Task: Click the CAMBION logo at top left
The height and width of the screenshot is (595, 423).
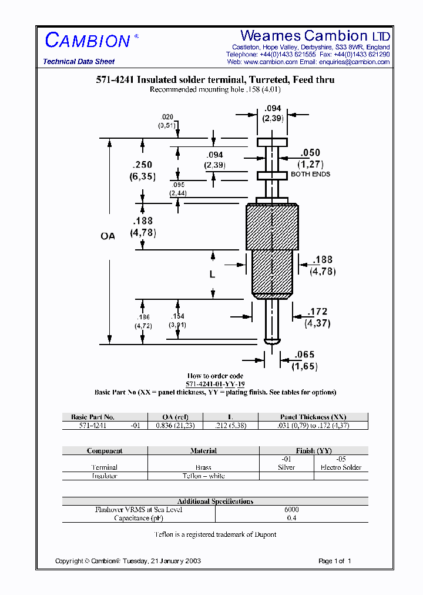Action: pyautogui.click(x=88, y=41)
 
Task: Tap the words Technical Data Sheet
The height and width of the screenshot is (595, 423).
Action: pyautogui.click(x=79, y=62)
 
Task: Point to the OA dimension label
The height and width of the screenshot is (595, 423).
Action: pyautogui.click(x=108, y=236)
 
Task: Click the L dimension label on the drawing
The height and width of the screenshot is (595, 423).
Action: pyautogui.click(x=213, y=275)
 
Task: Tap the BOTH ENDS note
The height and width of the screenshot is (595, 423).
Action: pyautogui.click(x=310, y=174)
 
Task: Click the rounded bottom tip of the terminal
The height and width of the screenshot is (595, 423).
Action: pyautogui.click(x=272, y=340)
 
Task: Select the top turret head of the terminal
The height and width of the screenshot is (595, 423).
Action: pyautogui.click(x=272, y=142)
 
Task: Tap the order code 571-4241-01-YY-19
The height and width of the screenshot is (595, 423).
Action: pyautogui.click(x=215, y=384)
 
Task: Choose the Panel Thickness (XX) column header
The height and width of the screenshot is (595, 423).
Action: pyautogui.click(x=313, y=417)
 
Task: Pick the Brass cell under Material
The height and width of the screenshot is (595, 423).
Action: pyautogui.click(x=203, y=467)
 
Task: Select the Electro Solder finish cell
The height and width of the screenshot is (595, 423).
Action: pyautogui.click(x=341, y=467)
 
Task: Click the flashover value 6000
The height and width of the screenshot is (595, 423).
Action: pyautogui.click(x=291, y=509)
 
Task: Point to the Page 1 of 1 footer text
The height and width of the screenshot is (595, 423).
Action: pyautogui.click(x=334, y=561)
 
